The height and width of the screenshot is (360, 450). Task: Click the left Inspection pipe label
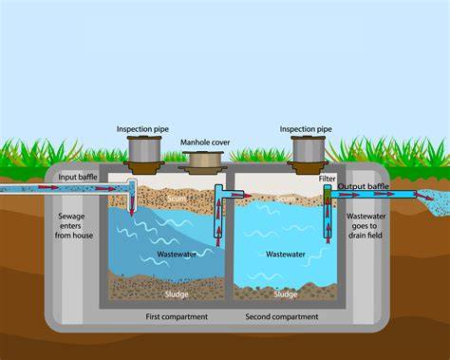142,129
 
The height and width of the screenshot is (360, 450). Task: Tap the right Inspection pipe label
306,129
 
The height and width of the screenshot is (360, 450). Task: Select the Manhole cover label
205,142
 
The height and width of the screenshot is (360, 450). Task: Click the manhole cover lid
203,160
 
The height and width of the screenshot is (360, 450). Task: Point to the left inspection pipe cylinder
144,149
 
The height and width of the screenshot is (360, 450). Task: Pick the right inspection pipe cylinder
308,149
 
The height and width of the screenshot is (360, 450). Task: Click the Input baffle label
78,177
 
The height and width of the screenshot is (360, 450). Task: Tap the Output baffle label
363,186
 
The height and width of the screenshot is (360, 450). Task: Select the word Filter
327,179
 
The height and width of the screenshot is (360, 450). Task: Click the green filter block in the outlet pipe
328,194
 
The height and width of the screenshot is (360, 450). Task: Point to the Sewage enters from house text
73,226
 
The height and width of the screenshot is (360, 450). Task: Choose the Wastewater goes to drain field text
366,226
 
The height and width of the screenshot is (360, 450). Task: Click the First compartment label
177,316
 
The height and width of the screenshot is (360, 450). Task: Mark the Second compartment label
282,316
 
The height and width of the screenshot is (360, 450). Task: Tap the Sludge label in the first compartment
177,294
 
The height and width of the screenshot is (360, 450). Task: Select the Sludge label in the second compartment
286,294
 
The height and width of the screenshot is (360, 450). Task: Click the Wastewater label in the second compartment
286,255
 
